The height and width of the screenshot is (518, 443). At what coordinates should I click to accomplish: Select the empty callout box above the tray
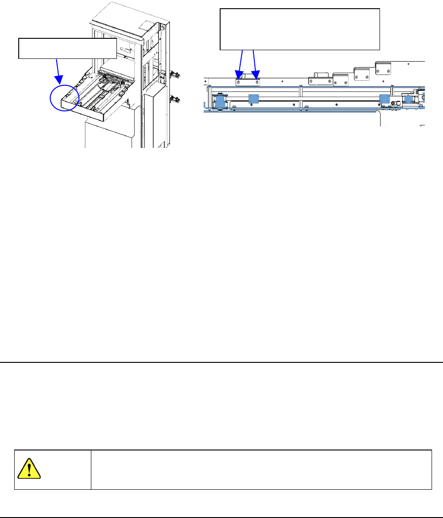67,48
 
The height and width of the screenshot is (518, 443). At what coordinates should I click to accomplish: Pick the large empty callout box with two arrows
300,28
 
